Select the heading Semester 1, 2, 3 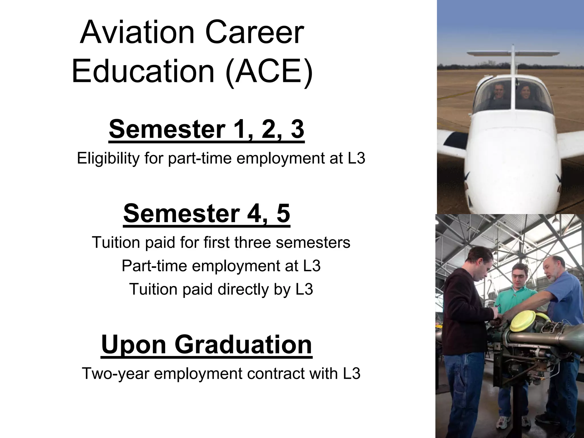pyautogui.click(x=206, y=130)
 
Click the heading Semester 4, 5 pyautogui.click(x=207, y=214)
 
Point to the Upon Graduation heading pyautogui.click(x=206, y=344)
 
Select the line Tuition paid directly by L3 pyautogui.click(x=221, y=289)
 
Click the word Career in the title pyautogui.click(x=254, y=33)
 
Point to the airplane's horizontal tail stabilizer pyautogui.click(x=513, y=53)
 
